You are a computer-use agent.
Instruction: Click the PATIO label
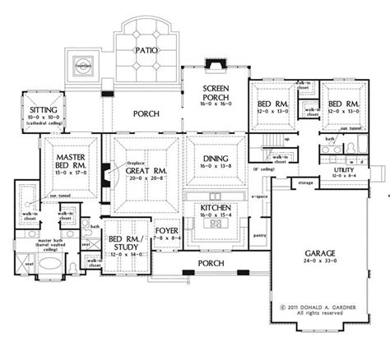coord(149,51)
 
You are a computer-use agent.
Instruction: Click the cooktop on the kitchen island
coord(219,224)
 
